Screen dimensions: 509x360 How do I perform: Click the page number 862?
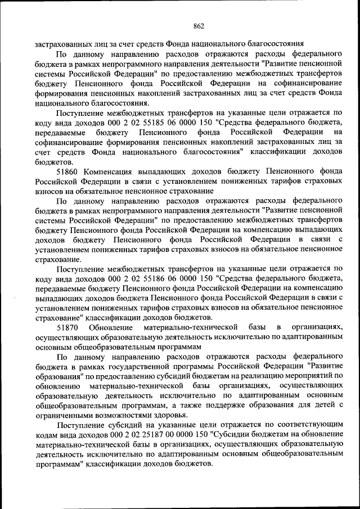pos(198,25)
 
